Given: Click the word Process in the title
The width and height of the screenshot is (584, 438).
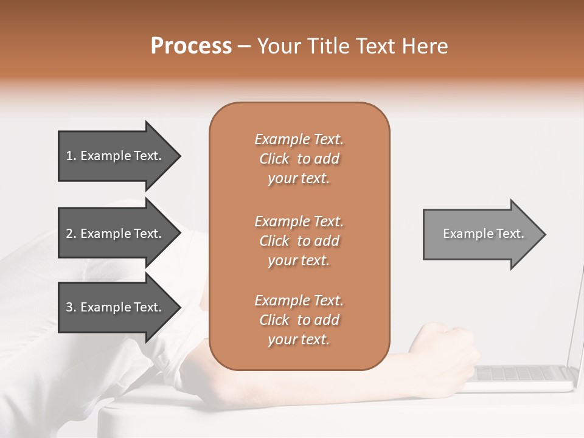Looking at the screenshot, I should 191,46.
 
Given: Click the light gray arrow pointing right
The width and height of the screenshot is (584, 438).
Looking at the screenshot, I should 481,234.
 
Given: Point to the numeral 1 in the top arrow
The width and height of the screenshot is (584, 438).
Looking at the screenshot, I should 69,156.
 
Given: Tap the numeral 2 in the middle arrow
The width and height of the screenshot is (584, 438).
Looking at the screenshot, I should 69,234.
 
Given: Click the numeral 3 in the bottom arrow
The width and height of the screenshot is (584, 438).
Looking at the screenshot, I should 69,308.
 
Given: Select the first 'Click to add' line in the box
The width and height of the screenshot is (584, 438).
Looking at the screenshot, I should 299,159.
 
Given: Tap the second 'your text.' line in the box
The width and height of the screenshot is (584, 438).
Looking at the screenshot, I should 299,260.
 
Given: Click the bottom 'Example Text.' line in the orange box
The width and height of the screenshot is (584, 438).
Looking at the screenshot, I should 299,301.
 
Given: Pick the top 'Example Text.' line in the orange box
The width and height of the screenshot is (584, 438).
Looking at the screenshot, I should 299,140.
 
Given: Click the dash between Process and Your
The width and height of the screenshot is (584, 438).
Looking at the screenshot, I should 244,46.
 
